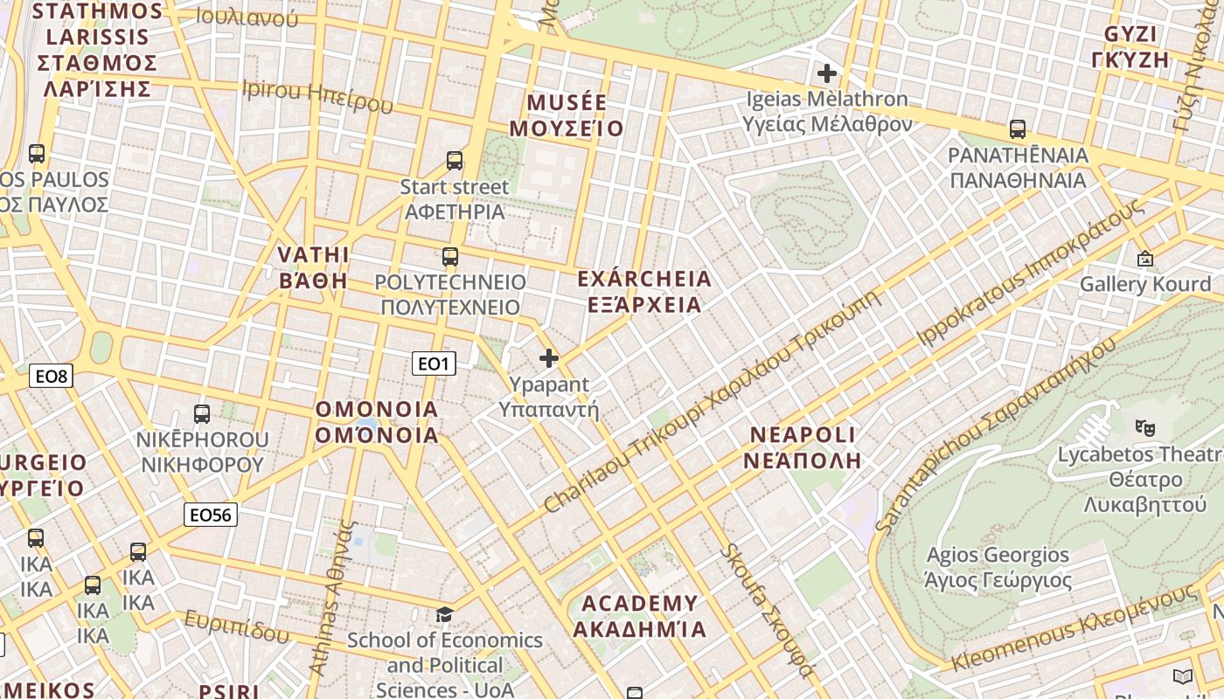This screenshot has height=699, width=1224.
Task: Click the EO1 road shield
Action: pyautogui.click(x=434, y=363)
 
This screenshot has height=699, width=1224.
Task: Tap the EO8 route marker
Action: pyautogui.click(x=51, y=377)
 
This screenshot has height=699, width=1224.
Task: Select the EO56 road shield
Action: pyautogui.click(x=211, y=515)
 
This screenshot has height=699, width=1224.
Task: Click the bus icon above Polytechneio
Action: pyautogui.click(x=450, y=257)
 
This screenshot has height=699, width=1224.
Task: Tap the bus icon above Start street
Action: pyautogui.click(x=455, y=161)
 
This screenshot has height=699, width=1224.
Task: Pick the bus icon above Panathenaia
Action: pyautogui.click(x=1018, y=129)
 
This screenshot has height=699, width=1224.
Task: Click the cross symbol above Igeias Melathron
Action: pyautogui.click(x=826, y=73)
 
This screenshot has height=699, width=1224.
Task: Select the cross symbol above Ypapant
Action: pyautogui.click(x=549, y=358)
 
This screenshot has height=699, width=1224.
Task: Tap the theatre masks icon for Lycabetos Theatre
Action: pyautogui.click(x=1144, y=428)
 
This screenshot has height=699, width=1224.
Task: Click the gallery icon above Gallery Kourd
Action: pyautogui.click(x=1144, y=259)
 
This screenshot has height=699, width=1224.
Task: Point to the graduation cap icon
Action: pyautogui.click(x=445, y=614)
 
